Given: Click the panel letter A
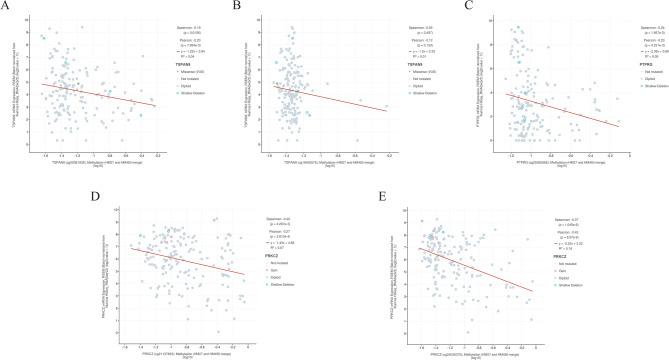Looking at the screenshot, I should tap(6, 6).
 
